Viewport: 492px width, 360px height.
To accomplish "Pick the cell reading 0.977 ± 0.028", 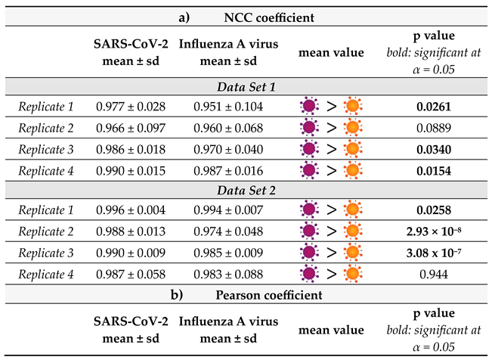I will coord(132,107).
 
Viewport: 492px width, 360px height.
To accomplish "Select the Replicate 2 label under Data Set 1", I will coord(45,129).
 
